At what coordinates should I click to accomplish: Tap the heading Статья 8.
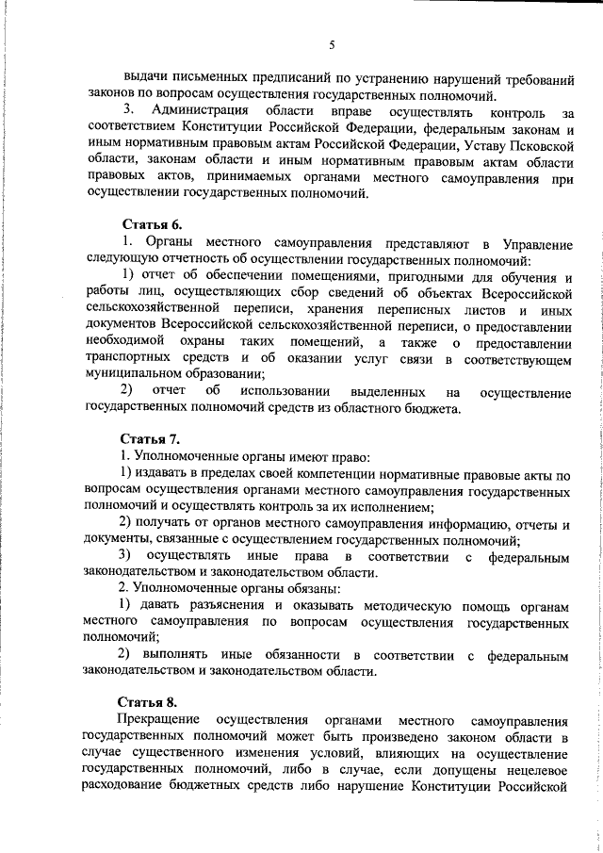[x=146, y=701]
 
